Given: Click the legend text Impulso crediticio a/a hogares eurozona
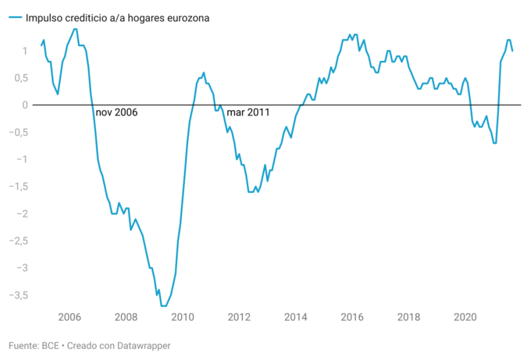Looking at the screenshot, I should coord(117,16).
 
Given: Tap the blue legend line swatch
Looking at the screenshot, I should coord(14,16).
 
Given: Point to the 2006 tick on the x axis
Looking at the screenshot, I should coord(69,317).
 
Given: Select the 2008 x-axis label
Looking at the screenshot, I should coord(126,317).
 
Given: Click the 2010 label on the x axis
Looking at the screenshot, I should coord(183,317).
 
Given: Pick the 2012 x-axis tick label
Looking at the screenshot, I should coord(239,317).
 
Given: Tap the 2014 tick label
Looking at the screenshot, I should coord(296,317).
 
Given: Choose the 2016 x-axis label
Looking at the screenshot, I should coord(352,317).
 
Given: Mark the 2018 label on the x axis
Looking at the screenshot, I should coord(409,317).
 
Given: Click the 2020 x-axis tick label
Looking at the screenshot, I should coord(465,317).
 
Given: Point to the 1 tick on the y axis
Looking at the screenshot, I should coord(25,51).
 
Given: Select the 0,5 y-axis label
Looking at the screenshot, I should coord(21,78).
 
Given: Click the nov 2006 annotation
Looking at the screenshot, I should coord(116,112).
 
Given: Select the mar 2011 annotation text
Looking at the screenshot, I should coord(248,112).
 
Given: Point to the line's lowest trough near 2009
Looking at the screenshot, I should coord(163,305).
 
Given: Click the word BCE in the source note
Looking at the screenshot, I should coord(52,345).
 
